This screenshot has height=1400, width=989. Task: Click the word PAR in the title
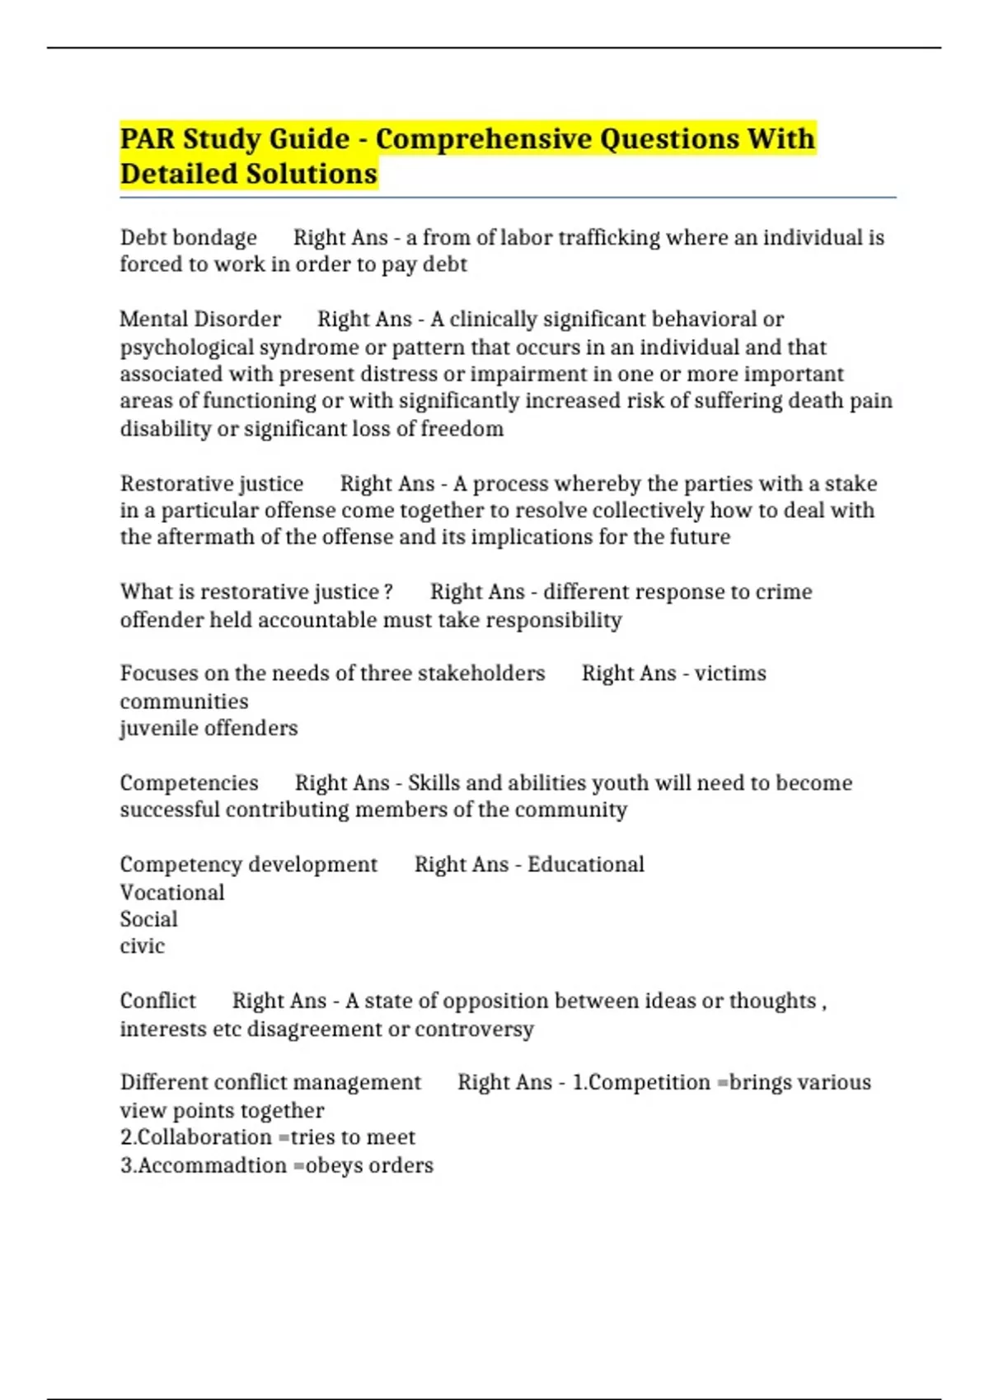pos(148,138)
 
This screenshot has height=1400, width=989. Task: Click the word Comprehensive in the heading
pos(482,138)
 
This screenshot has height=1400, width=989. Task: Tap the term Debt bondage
pos(188,238)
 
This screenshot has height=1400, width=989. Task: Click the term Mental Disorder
pos(200,320)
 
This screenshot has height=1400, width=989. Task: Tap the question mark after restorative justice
pos(388,592)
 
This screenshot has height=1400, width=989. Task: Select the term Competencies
pos(189,783)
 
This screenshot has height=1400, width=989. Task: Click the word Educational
pos(586,865)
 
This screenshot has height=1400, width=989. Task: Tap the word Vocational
pos(172,893)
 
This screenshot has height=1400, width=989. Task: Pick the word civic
pos(142,946)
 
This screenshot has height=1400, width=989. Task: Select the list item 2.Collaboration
pos(195,1137)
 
